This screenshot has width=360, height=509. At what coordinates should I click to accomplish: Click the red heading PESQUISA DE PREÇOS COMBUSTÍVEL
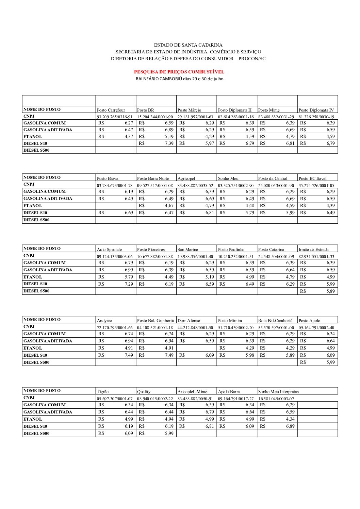tap(179, 72)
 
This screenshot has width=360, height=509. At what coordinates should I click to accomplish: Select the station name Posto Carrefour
tap(111, 110)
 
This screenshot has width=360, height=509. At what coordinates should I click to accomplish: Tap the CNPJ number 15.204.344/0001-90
tap(155, 117)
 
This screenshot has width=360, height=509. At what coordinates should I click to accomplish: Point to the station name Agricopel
tap(186, 179)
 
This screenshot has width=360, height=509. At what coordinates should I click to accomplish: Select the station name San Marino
tap(187, 250)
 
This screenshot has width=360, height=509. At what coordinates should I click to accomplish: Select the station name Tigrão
tap(103, 392)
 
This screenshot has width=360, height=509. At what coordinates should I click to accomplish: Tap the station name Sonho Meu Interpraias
tap(278, 392)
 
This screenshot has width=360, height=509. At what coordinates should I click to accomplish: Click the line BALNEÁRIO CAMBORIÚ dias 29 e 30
tap(179, 79)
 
